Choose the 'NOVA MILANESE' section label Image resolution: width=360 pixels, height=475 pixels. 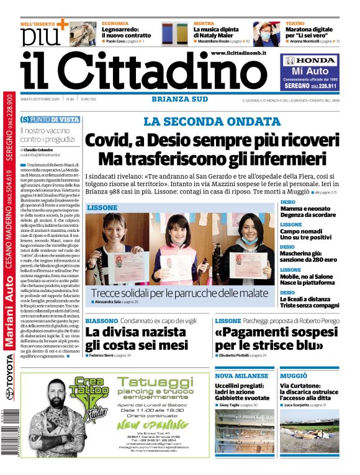click(x=242, y=376)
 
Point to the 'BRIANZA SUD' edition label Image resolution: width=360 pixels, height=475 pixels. click(x=178, y=99)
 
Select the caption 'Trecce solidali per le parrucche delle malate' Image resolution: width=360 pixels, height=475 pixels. click(x=179, y=293)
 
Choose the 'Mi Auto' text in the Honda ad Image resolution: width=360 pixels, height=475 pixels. click(x=310, y=73)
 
